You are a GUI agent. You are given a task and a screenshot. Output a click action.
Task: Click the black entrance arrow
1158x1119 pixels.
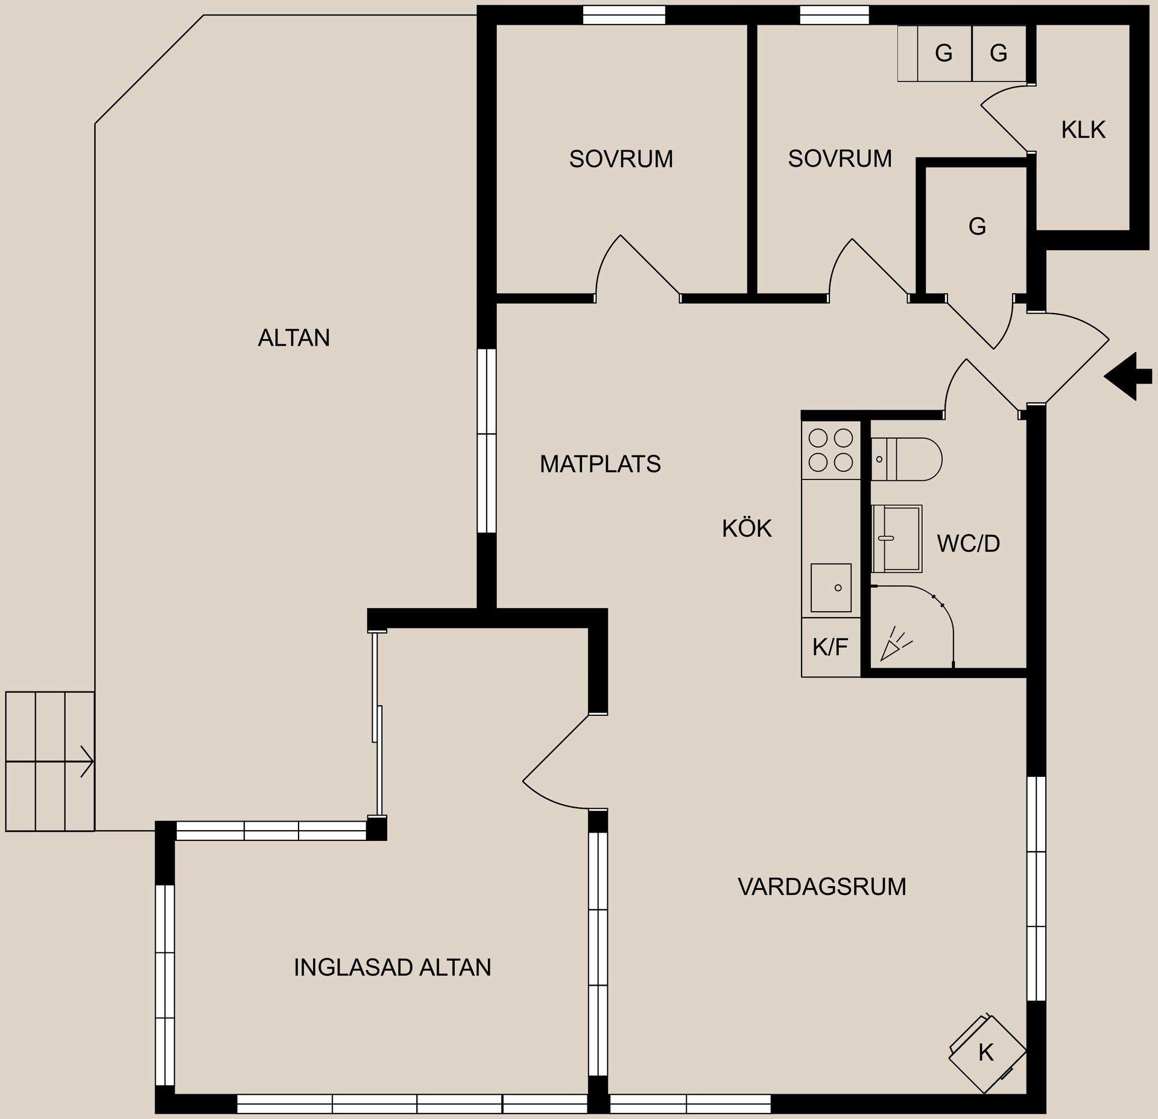pos(1127,376)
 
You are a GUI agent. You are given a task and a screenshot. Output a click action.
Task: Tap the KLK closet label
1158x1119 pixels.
pos(1083,130)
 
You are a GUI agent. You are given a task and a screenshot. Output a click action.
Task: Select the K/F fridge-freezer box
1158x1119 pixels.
pos(830,647)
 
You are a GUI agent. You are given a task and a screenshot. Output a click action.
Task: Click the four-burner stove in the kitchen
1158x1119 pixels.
pos(831,449)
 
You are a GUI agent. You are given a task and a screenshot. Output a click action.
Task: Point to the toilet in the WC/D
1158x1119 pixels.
pos(908,459)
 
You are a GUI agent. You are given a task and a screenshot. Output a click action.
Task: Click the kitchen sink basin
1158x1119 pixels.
pos(831,588)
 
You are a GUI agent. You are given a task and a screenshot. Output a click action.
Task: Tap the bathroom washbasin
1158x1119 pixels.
pos(897,538)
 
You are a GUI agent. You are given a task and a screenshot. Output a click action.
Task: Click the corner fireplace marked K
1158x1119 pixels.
pos(987,1053)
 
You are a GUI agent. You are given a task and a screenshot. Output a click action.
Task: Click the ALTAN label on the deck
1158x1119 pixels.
pos(294,338)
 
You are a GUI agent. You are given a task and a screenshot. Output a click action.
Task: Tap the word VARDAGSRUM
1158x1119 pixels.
pos(821,887)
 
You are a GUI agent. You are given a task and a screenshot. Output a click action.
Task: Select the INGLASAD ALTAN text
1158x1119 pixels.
pos(392,968)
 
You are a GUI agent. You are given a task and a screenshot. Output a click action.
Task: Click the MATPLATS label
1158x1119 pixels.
pos(600,464)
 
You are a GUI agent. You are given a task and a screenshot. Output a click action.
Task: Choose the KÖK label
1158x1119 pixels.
pos(747,528)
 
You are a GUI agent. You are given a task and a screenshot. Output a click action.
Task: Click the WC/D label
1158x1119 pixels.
pos(968,544)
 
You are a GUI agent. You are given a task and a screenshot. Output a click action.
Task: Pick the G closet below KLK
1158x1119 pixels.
pos(976,227)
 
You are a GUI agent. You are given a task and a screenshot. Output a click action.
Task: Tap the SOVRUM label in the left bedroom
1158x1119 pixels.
pos(621,159)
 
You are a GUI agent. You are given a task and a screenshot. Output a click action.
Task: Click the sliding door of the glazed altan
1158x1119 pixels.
pos(378,724)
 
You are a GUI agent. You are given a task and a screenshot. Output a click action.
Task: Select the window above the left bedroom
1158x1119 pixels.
pos(624,15)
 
